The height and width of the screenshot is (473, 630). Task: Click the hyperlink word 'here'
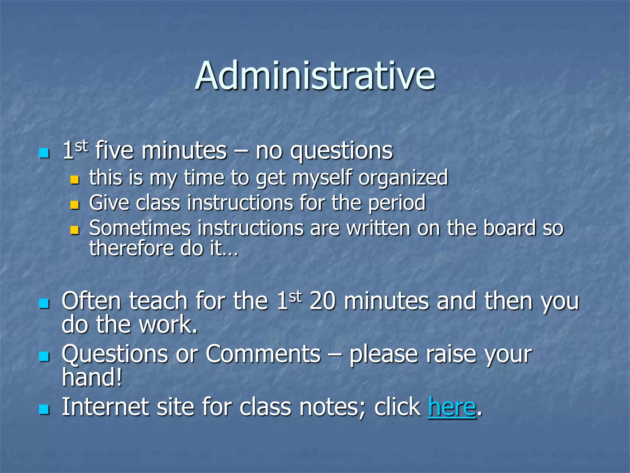click(x=452, y=407)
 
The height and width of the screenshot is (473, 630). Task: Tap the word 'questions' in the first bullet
click(x=341, y=151)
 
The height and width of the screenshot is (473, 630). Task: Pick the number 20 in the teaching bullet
click(x=323, y=301)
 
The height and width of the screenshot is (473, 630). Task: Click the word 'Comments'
click(x=263, y=354)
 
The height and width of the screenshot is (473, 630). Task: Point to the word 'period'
click(x=397, y=203)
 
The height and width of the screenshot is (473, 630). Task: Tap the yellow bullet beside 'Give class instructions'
click(x=75, y=205)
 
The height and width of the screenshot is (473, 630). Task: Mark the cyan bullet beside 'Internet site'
click(x=44, y=410)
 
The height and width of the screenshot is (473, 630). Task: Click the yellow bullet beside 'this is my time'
click(x=75, y=180)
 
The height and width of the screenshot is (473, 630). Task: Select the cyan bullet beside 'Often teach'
click(x=44, y=303)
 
